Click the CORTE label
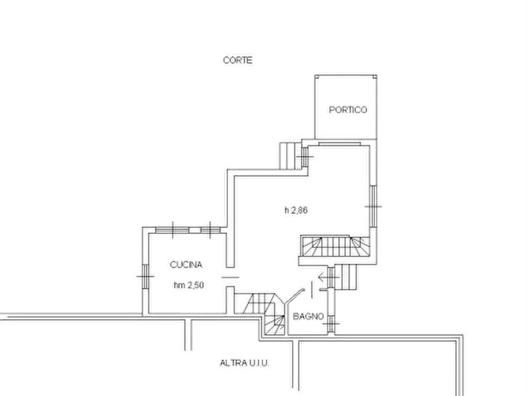point(238,60)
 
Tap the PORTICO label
point(348,110)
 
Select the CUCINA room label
point(186,265)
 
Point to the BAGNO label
point(308,316)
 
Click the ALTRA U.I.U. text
point(244,363)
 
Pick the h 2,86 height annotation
point(296,210)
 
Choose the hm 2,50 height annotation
point(189,285)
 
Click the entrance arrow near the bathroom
point(329,277)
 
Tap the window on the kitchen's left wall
point(145,277)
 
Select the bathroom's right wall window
point(331,324)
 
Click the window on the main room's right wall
point(373,206)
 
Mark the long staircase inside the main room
point(335,246)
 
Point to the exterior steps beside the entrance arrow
point(346,277)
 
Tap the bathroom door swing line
point(294,297)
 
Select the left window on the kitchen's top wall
point(173,230)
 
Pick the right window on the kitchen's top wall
point(210,230)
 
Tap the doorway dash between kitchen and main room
point(231,277)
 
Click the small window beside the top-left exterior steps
point(305,157)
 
